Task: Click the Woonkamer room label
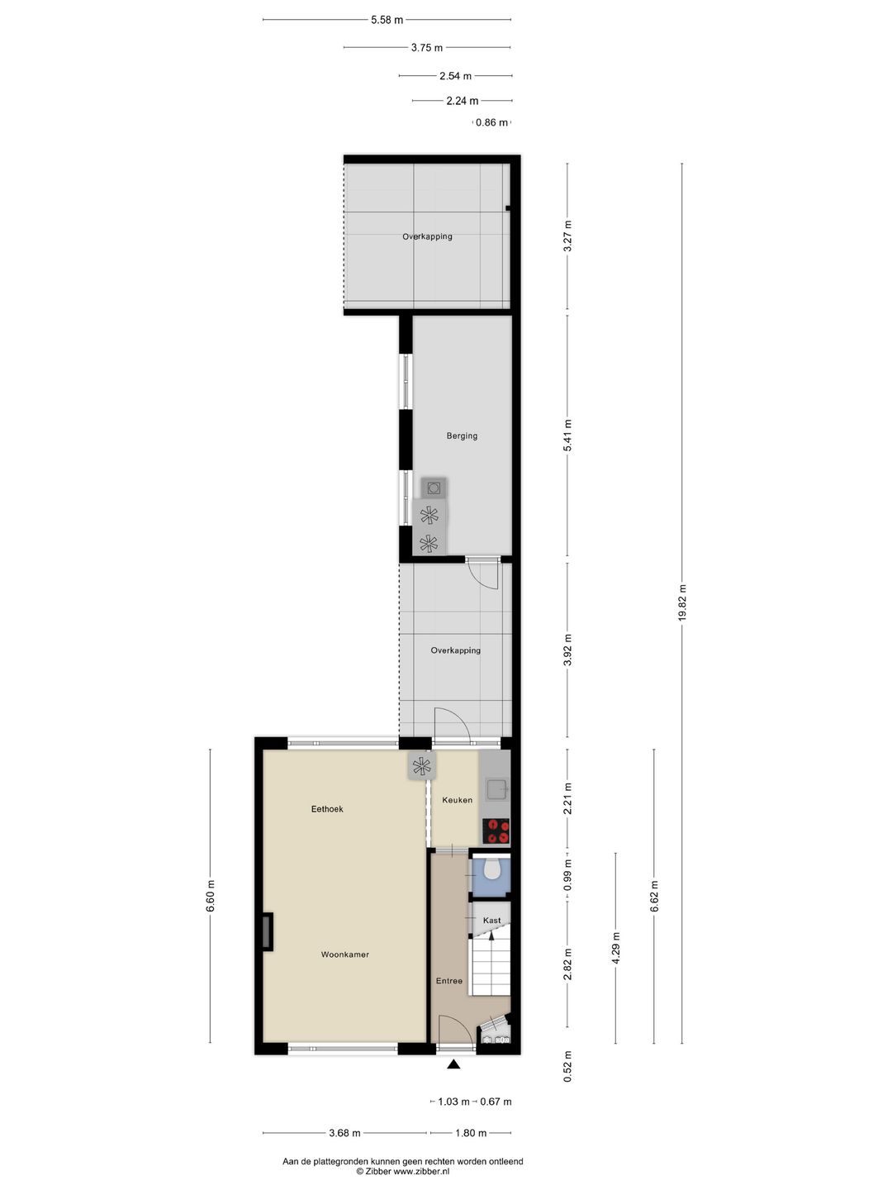(x=345, y=954)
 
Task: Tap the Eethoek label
(x=327, y=809)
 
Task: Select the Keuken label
(x=457, y=800)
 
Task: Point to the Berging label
(x=462, y=436)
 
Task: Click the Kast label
(x=491, y=920)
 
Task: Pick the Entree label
(x=449, y=981)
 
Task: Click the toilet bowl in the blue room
(x=491, y=870)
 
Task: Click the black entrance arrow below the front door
(x=454, y=1064)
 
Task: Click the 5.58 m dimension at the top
(x=387, y=20)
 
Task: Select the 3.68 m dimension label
(x=344, y=1132)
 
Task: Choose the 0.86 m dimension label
(x=491, y=122)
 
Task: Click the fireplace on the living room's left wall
(x=268, y=931)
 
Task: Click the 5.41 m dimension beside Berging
(x=567, y=436)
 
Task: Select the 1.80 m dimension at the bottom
(x=471, y=1132)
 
